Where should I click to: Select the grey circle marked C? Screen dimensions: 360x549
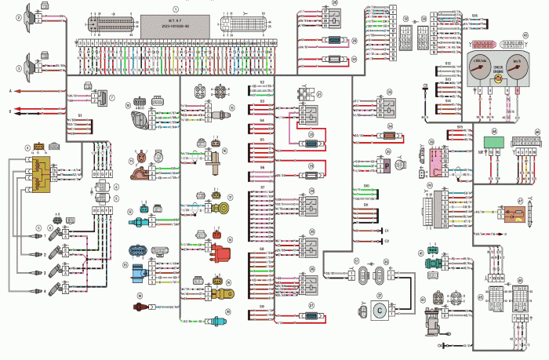[x=378, y=309]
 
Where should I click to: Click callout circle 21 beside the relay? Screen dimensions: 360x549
[x=319, y=93]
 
